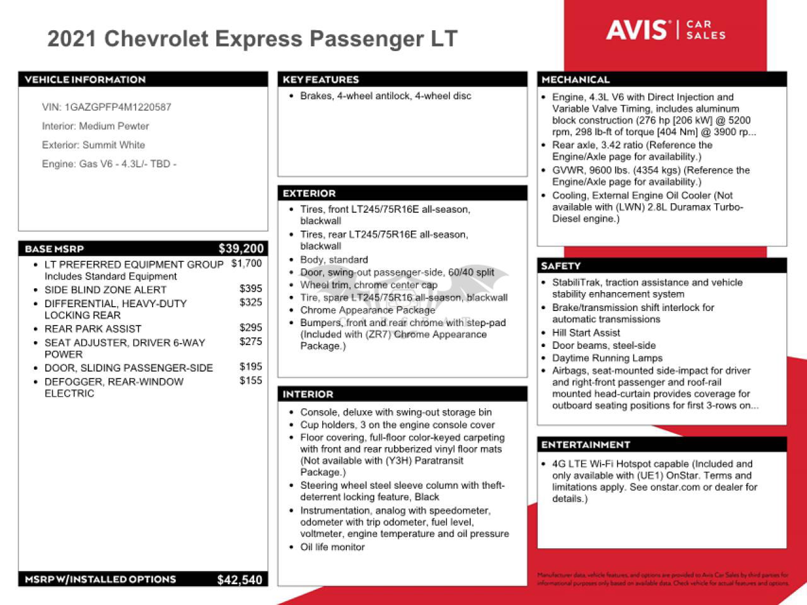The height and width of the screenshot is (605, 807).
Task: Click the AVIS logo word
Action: coord(637,30)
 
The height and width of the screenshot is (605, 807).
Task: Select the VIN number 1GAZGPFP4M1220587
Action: coord(118,107)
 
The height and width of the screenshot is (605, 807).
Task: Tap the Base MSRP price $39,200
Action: coord(241,249)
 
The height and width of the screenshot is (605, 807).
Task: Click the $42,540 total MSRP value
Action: coord(240,580)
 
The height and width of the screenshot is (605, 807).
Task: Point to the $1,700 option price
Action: coord(247,264)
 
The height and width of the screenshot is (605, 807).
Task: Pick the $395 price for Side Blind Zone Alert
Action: coord(251,289)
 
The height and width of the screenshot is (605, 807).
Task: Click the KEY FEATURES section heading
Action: coord(321,79)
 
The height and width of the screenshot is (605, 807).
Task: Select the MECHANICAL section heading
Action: coord(576,79)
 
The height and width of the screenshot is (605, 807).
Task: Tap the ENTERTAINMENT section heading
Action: coord(586,445)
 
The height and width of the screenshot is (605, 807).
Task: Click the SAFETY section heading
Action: coord(560,266)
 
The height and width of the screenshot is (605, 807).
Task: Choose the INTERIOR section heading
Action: coord(308,394)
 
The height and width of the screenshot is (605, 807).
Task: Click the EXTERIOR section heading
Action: coord(309,194)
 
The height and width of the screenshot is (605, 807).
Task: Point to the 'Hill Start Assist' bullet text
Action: coord(586,333)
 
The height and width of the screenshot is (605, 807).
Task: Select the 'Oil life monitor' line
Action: coord(332,548)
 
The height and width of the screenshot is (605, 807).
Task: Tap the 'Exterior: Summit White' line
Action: coord(93,145)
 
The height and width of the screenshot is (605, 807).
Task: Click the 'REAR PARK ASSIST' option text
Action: coord(93,329)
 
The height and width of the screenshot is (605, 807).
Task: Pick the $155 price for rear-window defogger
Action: coord(251,380)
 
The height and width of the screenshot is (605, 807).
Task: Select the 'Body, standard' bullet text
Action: coord(334,260)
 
